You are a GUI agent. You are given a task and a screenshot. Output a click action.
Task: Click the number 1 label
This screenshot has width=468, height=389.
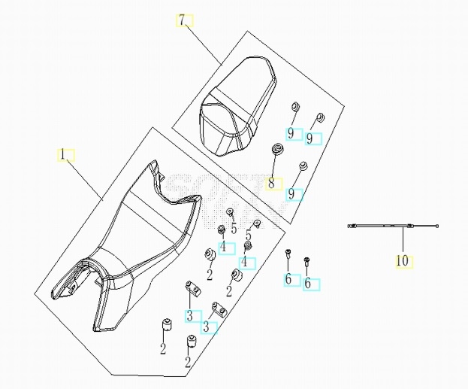62,155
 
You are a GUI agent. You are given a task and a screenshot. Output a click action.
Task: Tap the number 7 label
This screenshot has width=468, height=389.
183,20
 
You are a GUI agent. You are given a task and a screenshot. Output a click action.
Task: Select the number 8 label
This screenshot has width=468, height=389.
271,184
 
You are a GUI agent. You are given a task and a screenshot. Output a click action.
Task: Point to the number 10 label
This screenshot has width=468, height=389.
402,261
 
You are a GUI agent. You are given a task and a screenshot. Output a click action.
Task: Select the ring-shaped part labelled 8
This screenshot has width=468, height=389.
277,148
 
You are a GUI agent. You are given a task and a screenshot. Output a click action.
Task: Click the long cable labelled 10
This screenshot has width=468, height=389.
393,226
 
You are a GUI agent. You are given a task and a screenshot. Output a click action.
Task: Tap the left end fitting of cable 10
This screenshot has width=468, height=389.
352,226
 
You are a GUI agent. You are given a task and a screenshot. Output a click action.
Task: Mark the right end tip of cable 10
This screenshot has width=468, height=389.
437,226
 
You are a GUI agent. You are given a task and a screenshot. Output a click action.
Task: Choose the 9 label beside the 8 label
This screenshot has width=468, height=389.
291,195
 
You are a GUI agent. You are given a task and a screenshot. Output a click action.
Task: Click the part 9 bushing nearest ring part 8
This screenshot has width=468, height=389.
303,166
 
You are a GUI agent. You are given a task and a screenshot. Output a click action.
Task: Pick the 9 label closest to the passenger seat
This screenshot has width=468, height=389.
291,133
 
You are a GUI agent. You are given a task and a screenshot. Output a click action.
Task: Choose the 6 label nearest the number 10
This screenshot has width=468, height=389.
307,284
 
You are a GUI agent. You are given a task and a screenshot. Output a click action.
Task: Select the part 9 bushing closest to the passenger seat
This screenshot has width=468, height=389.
295,107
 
